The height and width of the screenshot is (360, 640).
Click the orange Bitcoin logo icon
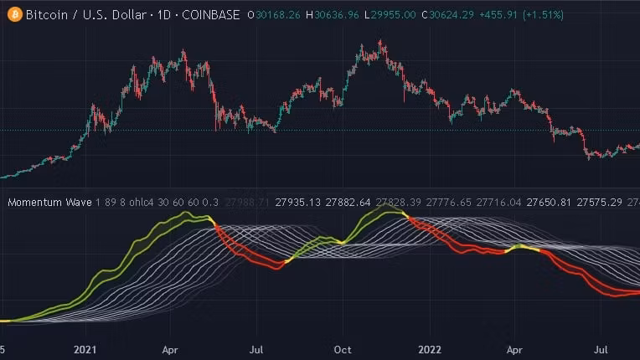click(13, 14)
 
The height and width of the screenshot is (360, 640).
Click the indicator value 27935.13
click(297, 203)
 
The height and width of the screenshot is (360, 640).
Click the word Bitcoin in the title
click(48, 15)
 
